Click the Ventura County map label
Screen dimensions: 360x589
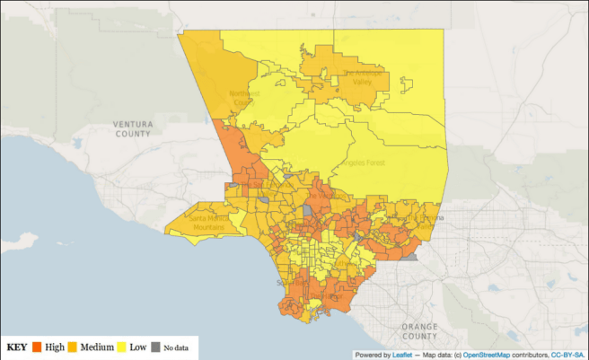click(x=133, y=127)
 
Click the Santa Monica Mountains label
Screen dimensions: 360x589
click(x=209, y=222)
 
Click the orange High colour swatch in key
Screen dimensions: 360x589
click(x=38, y=347)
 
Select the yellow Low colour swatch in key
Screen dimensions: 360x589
click(x=121, y=347)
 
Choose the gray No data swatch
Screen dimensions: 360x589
click(x=156, y=347)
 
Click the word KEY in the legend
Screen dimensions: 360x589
click(x=17, y=347)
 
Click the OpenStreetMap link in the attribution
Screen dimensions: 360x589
click(x=492, y=354)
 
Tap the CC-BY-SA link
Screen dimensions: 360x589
click(x=570, y=354)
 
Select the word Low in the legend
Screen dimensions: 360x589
click(x=137, y=347)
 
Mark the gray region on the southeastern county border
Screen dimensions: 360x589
click(x=410, y=256)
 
